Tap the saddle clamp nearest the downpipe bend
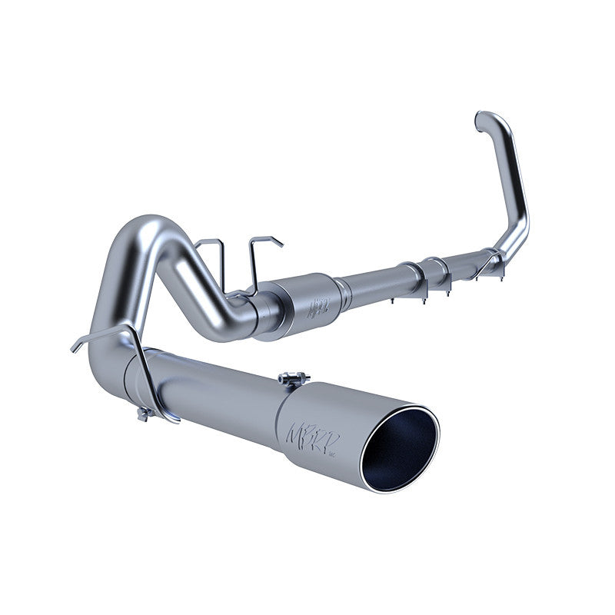[x=484, y=262]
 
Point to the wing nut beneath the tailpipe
[x=142, y=414]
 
